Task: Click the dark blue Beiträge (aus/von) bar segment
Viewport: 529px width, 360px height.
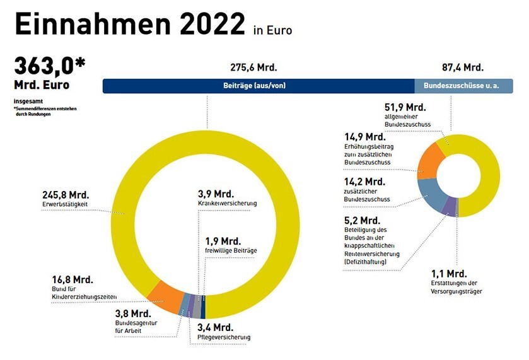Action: [259, 86]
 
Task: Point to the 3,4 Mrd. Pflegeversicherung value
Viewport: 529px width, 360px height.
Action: [215, 327]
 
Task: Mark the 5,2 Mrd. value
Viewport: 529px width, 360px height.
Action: [362, 221]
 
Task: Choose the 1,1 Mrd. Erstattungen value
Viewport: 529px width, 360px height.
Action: [449, 274]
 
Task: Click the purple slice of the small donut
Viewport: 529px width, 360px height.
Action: [450, 204]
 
